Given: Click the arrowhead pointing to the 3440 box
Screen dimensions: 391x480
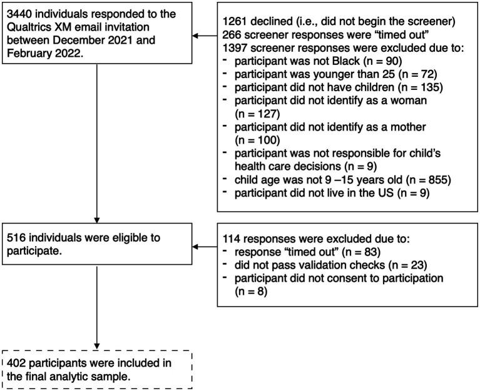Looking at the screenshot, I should click(x=197, y=36).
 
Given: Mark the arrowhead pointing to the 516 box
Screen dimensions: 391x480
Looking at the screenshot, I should click(x=197, y=247).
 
